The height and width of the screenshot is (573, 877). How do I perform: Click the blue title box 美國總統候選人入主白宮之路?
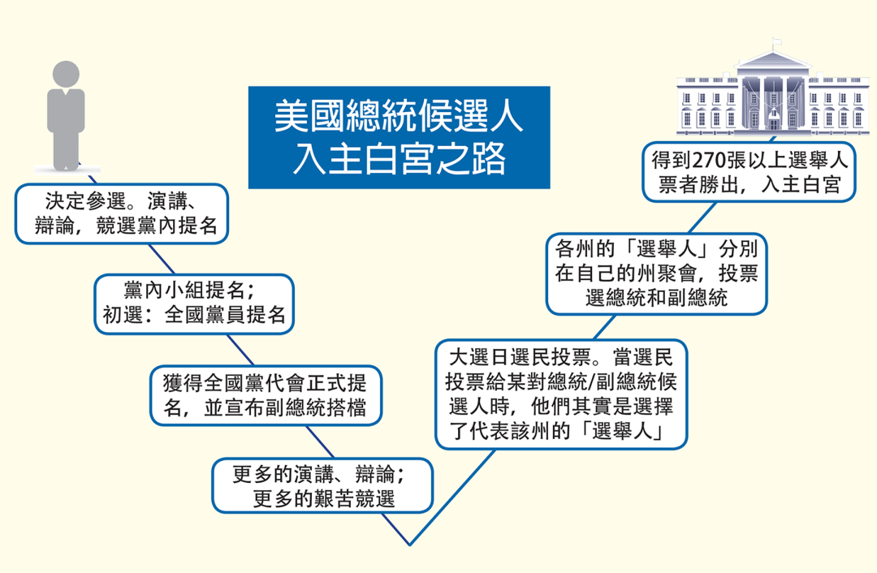(399, 137)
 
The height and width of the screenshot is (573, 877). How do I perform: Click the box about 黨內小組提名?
(193, 303)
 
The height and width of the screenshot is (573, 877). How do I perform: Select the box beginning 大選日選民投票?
(561, 394)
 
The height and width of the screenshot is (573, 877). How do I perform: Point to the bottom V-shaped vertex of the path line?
(410, 545)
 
